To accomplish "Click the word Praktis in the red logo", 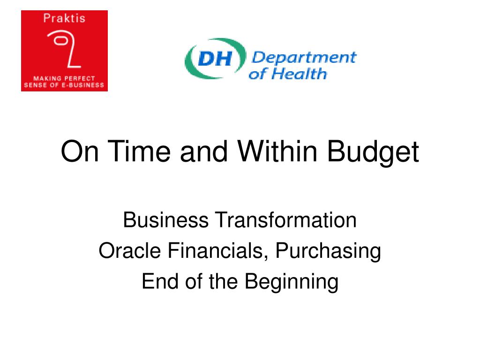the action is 64,18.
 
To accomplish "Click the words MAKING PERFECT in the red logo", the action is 64,78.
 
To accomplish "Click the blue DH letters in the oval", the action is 215,59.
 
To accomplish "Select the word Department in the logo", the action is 304,58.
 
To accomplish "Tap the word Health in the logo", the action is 299,74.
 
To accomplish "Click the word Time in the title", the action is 139,151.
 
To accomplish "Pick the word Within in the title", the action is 277,151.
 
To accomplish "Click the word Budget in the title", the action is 373,153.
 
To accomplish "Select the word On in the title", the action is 80,151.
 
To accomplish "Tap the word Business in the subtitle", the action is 165,220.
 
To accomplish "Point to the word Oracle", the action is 130,250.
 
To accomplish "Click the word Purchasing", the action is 328,252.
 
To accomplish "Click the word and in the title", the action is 204,151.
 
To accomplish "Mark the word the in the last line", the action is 223,281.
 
